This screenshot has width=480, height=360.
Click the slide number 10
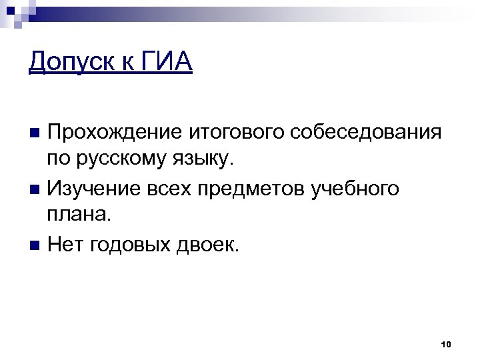[447, 344]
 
